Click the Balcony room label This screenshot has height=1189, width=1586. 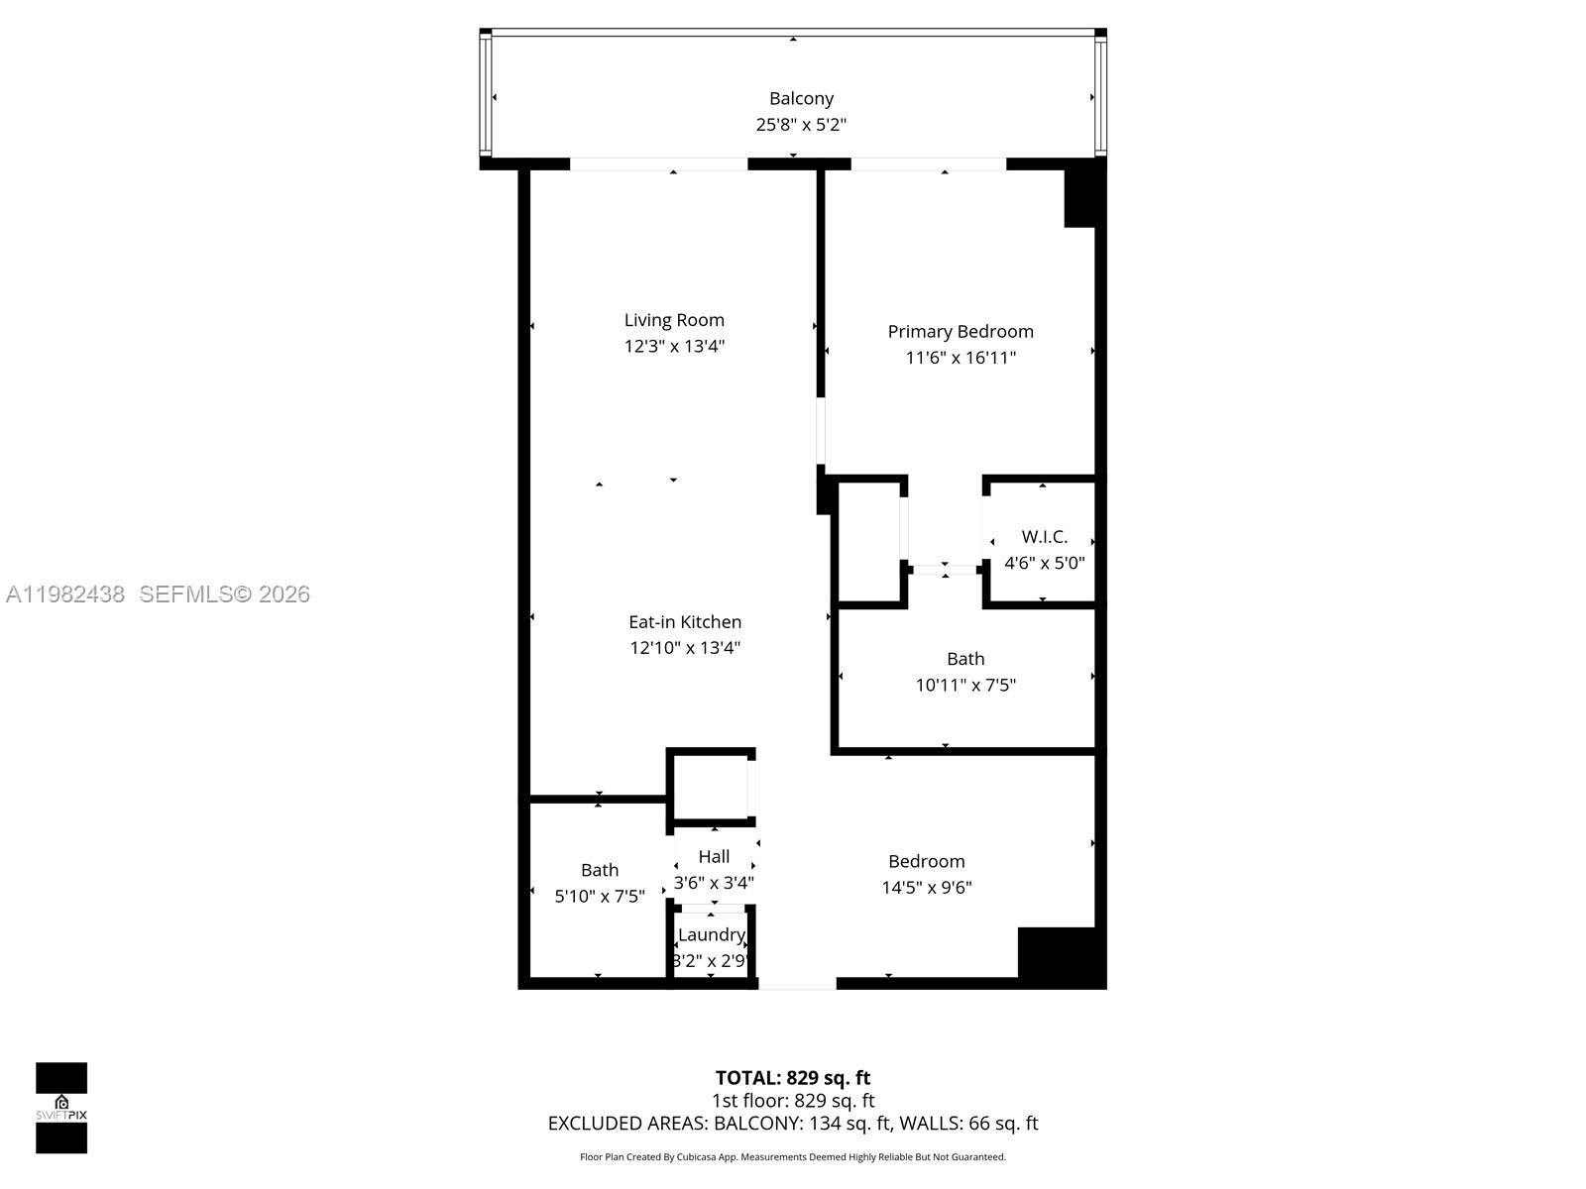(x=801, y=98)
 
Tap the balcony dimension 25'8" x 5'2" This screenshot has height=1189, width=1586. (x=801, y=125)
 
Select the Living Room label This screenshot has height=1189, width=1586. (x=674, y=320)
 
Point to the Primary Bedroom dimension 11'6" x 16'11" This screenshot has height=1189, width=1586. (x=961, y=358)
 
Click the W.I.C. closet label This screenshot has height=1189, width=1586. (x=1044, y=536)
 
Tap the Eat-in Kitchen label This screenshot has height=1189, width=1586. (x=685, y=621)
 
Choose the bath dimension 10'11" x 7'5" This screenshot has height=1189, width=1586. (x=965, y=685)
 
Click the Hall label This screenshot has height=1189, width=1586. (x=714, y=856)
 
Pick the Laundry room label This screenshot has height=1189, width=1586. (x=711, y=934)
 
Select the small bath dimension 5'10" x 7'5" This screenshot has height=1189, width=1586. (x=599, y=896)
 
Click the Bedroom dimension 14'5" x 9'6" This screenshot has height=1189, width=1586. (x=926, y=888)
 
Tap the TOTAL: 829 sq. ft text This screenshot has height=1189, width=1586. (x=793, y=1077)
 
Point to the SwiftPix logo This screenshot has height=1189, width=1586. (x=61, y=1108)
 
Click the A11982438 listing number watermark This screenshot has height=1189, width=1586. (x=65, y=594)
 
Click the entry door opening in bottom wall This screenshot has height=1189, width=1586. (x=797, y=983)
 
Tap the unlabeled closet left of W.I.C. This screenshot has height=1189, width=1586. (x=869, y=541)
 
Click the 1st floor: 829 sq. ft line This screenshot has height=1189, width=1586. (x=793, y=1101)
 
